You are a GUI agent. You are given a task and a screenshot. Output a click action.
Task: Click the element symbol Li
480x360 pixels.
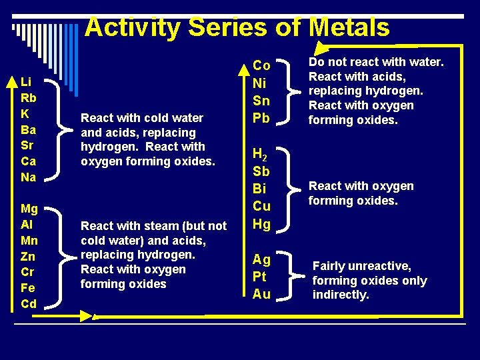[26, 82]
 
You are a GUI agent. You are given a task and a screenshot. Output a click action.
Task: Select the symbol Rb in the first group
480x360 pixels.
[28, 98]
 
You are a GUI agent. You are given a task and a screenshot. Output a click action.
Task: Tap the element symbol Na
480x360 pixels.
[28, 177]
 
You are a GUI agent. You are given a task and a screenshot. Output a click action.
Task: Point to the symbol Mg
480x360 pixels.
[29, 209]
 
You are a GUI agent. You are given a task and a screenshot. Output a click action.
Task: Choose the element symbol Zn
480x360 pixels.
[28, 257]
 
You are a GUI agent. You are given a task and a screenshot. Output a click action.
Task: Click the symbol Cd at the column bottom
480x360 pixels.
[29, 304]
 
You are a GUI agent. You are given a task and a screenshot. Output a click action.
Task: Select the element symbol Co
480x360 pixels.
[261, 65]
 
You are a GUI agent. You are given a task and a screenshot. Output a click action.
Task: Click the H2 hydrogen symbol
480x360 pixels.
[261, 155]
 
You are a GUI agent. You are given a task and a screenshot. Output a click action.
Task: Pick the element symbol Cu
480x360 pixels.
[261, 207]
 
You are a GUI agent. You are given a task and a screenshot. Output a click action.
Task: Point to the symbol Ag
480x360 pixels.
[261, 259]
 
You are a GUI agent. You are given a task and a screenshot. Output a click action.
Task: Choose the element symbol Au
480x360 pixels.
[261, 294]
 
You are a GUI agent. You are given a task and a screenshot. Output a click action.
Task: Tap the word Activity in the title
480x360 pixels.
[133, 28]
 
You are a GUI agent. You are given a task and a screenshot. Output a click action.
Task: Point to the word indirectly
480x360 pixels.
[341, 295]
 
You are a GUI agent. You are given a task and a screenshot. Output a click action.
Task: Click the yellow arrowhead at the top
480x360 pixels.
[323, 47]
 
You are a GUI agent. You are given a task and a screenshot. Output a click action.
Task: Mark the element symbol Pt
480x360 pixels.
[261, 277]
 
